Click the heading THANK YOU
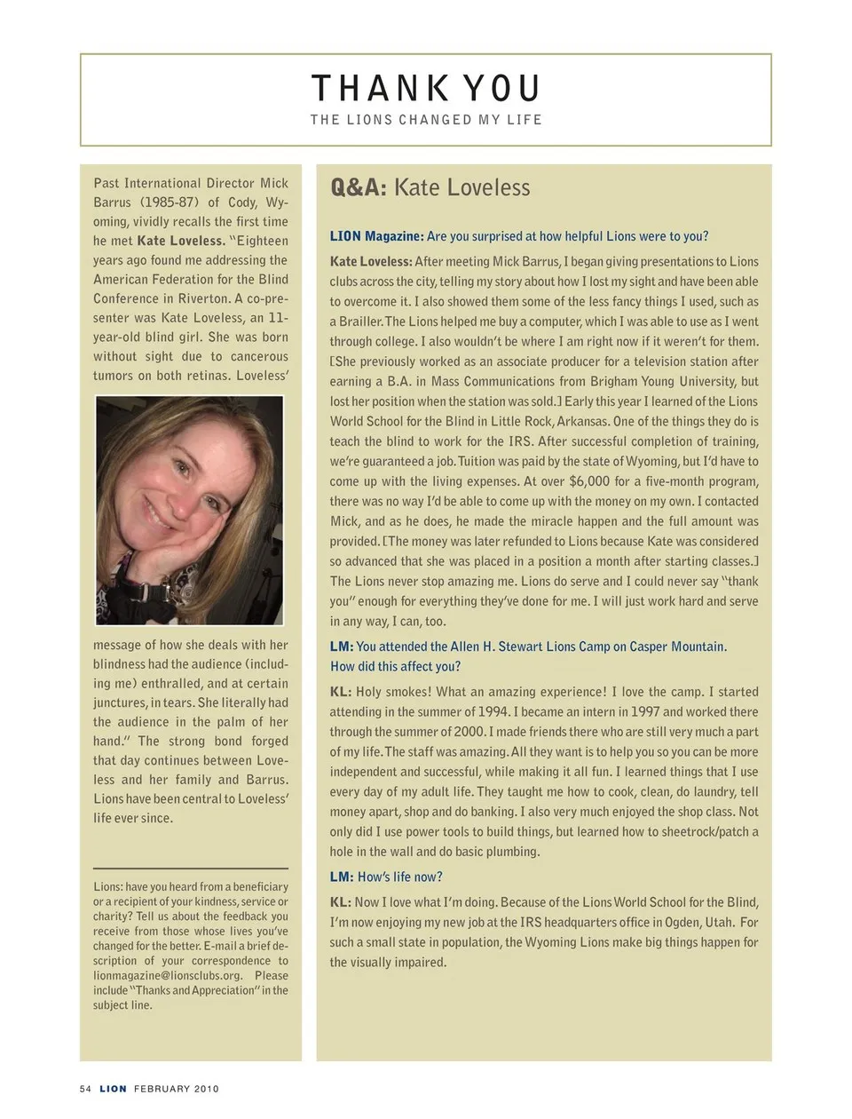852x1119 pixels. [426, 89]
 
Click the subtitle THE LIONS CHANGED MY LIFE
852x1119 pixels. [426, 120]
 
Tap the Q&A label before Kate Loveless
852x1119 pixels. [359, 187]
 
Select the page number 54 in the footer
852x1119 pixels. [85, 1089]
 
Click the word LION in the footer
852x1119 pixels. [113, 1089]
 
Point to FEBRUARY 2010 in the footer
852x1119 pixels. [177, 1089]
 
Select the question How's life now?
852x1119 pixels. [399, 877]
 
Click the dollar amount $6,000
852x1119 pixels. [588, 481]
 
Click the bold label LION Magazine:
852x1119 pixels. [376, 236]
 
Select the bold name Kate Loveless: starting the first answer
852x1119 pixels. [371, 262]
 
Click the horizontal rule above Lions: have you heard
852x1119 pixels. [191, 868]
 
